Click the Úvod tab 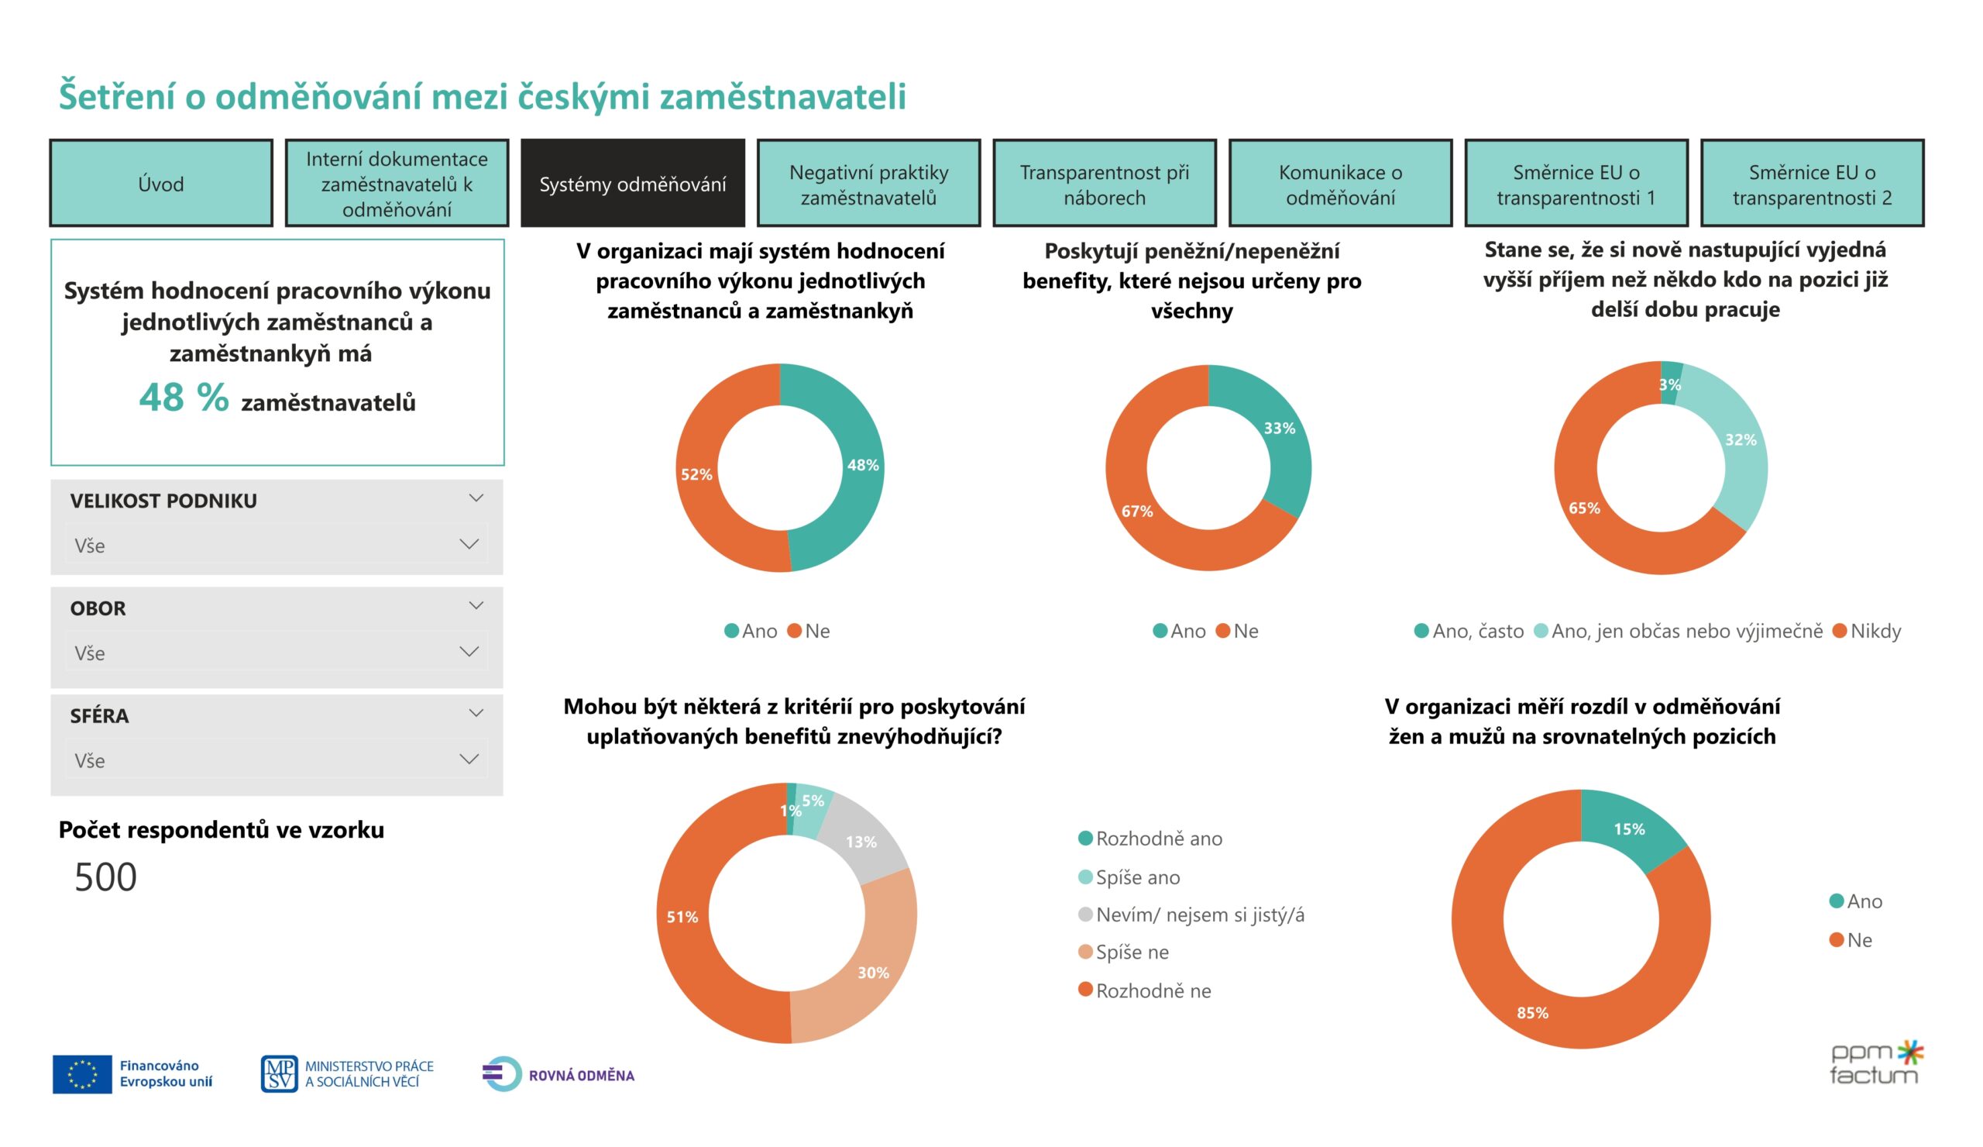click(x=160, y=184)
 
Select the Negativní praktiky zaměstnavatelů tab click(x=868, y=184)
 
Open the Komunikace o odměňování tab click(x=1340, y=184)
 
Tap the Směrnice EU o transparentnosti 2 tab click(x=1812, y=184)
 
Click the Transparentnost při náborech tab click(x=1104, y=184)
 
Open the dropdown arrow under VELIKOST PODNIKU click(x=469, y=544)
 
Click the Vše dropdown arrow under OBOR click(x=469, y=651)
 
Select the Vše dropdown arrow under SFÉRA click(x=469, y=759)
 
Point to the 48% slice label click(x=862, y=465)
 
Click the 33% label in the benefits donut click(x=1279, y=429)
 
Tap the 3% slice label click(x=1669, y=385)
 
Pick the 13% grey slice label click(x=861, y=842)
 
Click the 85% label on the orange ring click(x=1532, y=1012)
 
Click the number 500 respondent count click(x=105, y=877)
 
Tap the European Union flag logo click(x=82, y=1074)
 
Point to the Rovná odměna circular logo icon click(x=502, y=1074)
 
